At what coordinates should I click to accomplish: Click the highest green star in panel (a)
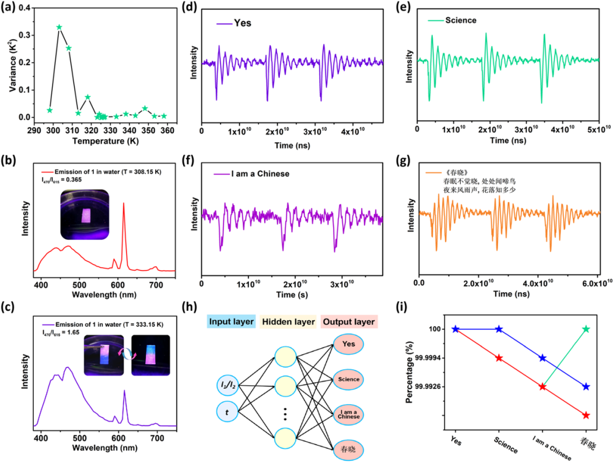(59, 27)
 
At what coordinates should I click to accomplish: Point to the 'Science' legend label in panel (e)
(460, 20)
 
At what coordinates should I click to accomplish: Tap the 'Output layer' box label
(348, 322)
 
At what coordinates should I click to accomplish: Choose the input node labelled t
(226, 412)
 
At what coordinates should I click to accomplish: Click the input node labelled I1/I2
(227, 385)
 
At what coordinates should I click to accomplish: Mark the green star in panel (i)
(586, 329)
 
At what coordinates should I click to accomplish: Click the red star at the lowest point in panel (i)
(586, 415)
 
